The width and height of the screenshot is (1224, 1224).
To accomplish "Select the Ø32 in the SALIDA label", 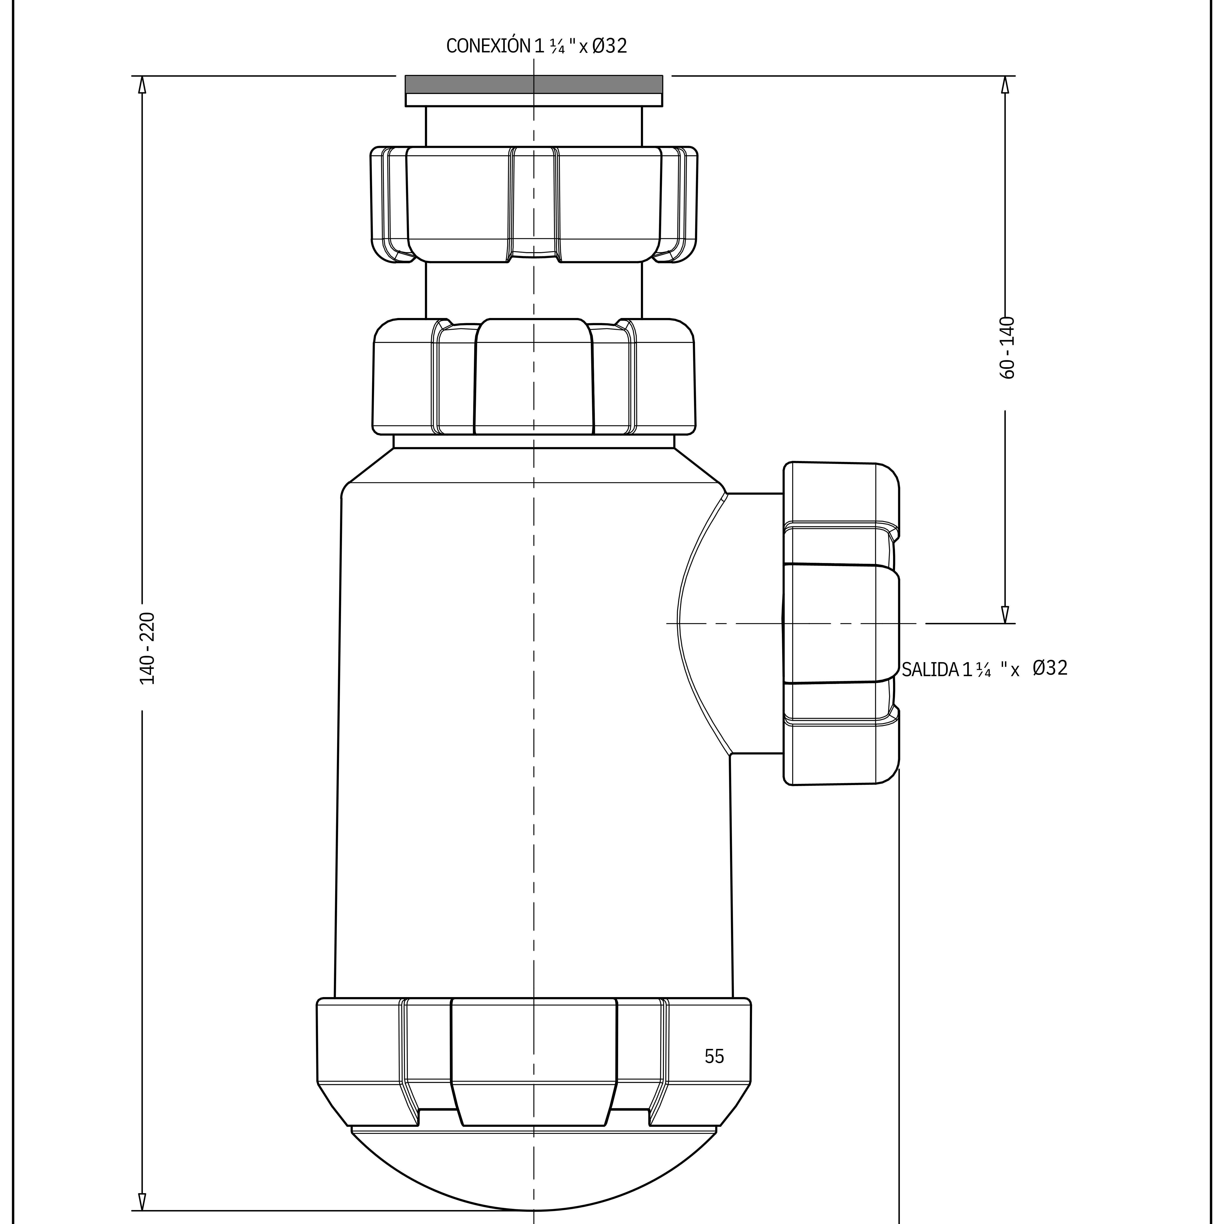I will [1050, 668].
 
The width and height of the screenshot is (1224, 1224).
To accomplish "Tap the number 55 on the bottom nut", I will [714, 1056].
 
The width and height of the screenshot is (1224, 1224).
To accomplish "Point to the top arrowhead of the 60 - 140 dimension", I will [1005, 85].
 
